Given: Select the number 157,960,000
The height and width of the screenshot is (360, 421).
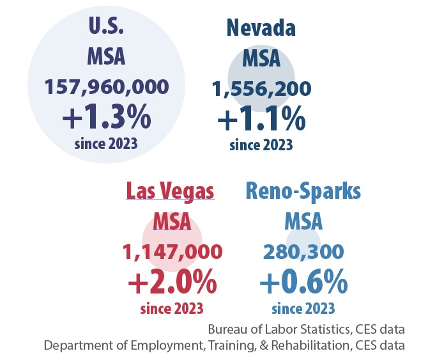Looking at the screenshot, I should [x=106, y=87].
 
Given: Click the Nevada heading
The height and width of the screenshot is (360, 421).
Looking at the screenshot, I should [x=261, y=29].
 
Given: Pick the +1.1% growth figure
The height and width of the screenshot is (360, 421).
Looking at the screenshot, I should [x=261, y=120].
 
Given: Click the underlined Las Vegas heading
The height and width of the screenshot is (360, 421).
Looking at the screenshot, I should [x=170, y=191].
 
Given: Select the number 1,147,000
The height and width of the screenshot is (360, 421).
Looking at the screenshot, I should [x=172, y=252].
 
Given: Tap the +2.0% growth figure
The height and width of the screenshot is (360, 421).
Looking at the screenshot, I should [x=172, y=281].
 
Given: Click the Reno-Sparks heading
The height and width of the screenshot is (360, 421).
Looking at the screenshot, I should [x=303, y=191].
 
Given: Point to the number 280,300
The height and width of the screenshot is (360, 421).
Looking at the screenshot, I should [x=303, y=252].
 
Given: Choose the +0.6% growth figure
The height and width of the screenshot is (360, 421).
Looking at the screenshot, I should [x=303, y=281].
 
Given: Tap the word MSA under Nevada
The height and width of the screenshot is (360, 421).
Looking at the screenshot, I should [x=261, y=59].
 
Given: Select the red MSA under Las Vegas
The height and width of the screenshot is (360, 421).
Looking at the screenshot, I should [x=172, y=222].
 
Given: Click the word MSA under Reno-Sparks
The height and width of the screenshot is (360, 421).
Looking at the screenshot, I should [x=303, y=222].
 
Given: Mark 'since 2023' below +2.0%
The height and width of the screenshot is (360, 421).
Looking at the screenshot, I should [x=172, y=308].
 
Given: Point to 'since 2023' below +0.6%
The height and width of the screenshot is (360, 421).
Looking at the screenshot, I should [x=303, y=308].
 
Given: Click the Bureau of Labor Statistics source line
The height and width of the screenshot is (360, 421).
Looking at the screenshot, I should [x=305, y=330].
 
